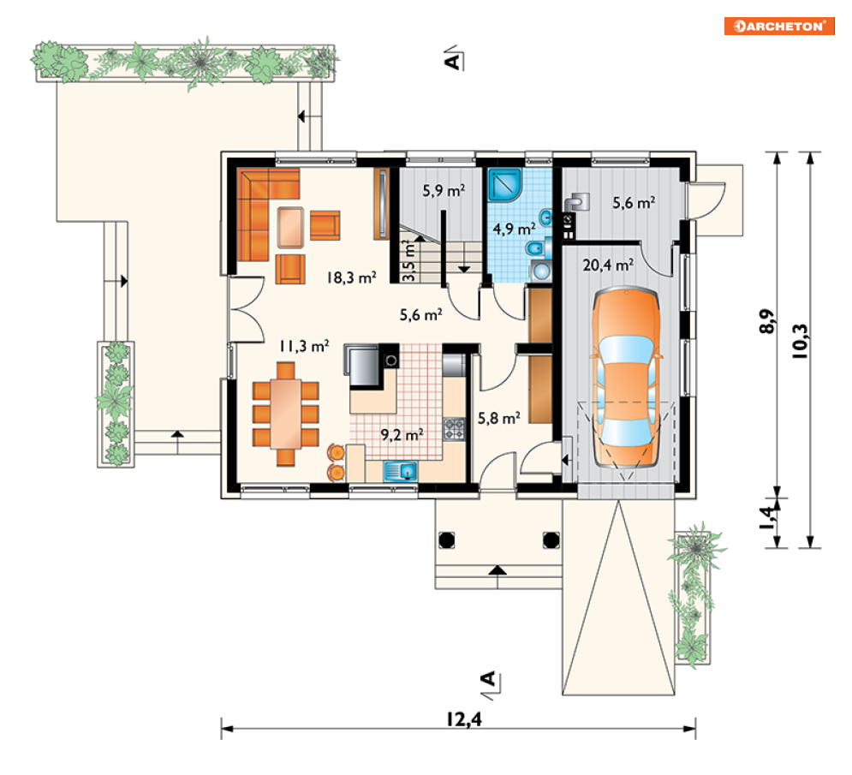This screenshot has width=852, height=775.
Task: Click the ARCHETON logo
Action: [x=778, y=26]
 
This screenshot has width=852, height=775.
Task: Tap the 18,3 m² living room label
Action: [x=352, y=277]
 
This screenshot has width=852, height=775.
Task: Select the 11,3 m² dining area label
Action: [x=304, y=346]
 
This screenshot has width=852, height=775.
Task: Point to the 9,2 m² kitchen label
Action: [x=402, y=435]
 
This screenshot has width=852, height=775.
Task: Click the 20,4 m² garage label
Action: [x=608, y=265]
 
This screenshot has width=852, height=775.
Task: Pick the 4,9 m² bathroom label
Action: [x=514, y=229]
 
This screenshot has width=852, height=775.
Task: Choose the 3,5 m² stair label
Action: [x=409, y=261]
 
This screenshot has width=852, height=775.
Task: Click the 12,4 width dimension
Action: [x=464, y=719]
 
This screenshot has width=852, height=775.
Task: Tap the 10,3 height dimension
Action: [x=801, y=342]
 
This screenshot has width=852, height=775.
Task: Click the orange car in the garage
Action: [x=627, y=378]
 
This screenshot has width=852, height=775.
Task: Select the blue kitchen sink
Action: [x=401, y=471]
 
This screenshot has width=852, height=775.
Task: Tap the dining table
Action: [x=286, y=414]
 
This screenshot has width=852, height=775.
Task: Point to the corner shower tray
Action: [x=505, y=186]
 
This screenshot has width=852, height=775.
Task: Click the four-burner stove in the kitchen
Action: [x=454, y=429]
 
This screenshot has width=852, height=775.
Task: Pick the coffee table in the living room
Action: [x=290, y=228]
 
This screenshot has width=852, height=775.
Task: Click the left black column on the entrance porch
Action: [x=447, y=540]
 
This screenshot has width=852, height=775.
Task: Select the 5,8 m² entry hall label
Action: [x=499, y=418]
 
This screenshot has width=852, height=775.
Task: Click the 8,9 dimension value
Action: [x=766, y=321]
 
